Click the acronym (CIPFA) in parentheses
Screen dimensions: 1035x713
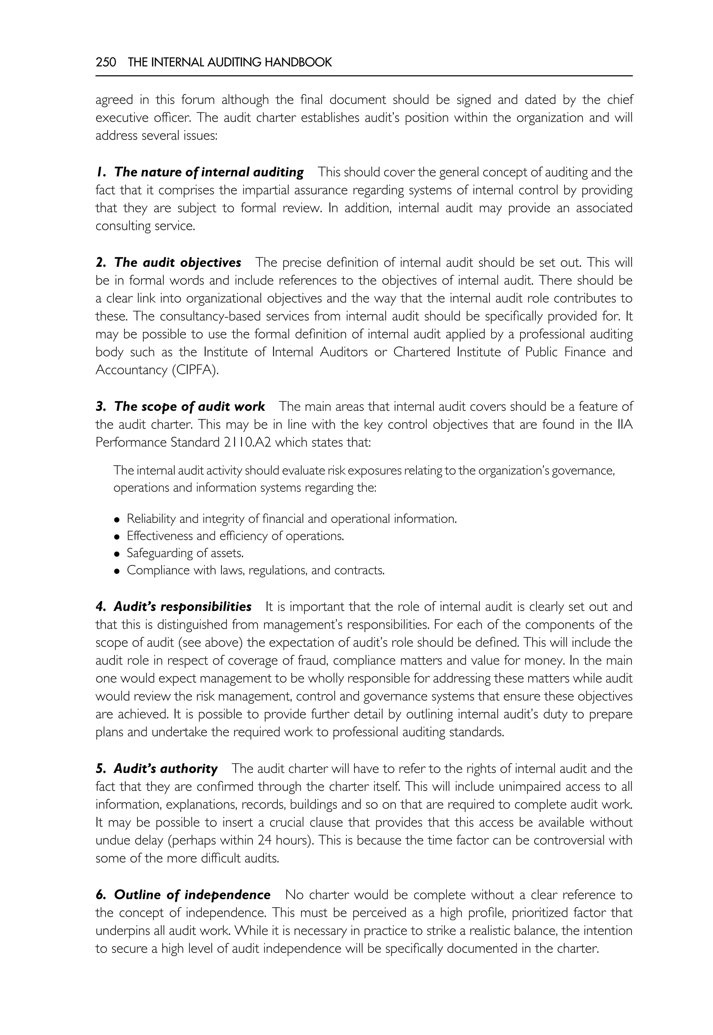(x=196, y=370)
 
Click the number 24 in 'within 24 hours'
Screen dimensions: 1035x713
(x=265, y=840)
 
